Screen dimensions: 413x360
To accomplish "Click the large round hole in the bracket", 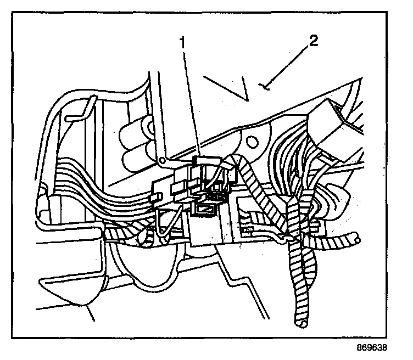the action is tap(252, 141).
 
